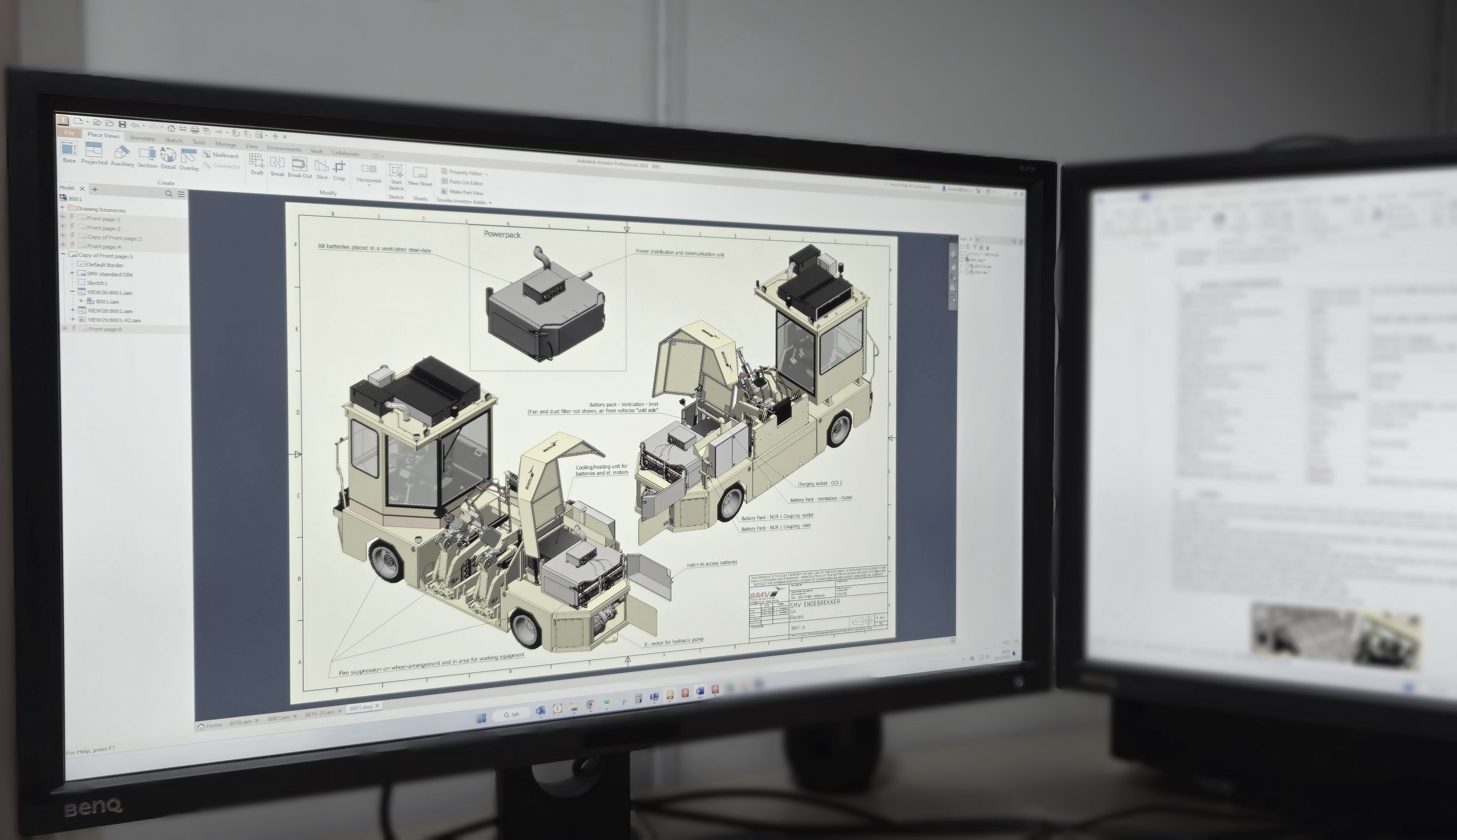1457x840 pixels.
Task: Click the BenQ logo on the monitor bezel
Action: [x=92, y=806]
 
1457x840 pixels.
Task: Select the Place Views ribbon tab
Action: [x=103, y=136]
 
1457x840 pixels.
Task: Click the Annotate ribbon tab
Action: [x=142, y=138]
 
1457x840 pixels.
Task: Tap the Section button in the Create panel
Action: [x=147, y=157]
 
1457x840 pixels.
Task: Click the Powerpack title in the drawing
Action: [x=502, y=235]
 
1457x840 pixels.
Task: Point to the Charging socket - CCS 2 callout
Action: [x=819, y=483]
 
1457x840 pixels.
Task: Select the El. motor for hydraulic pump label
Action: [x=674, y=642]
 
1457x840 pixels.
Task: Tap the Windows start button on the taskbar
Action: [x=481, y=718]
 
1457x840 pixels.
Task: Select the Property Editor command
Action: [x=465, y=172]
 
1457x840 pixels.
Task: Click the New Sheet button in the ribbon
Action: [x=420, y=176]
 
